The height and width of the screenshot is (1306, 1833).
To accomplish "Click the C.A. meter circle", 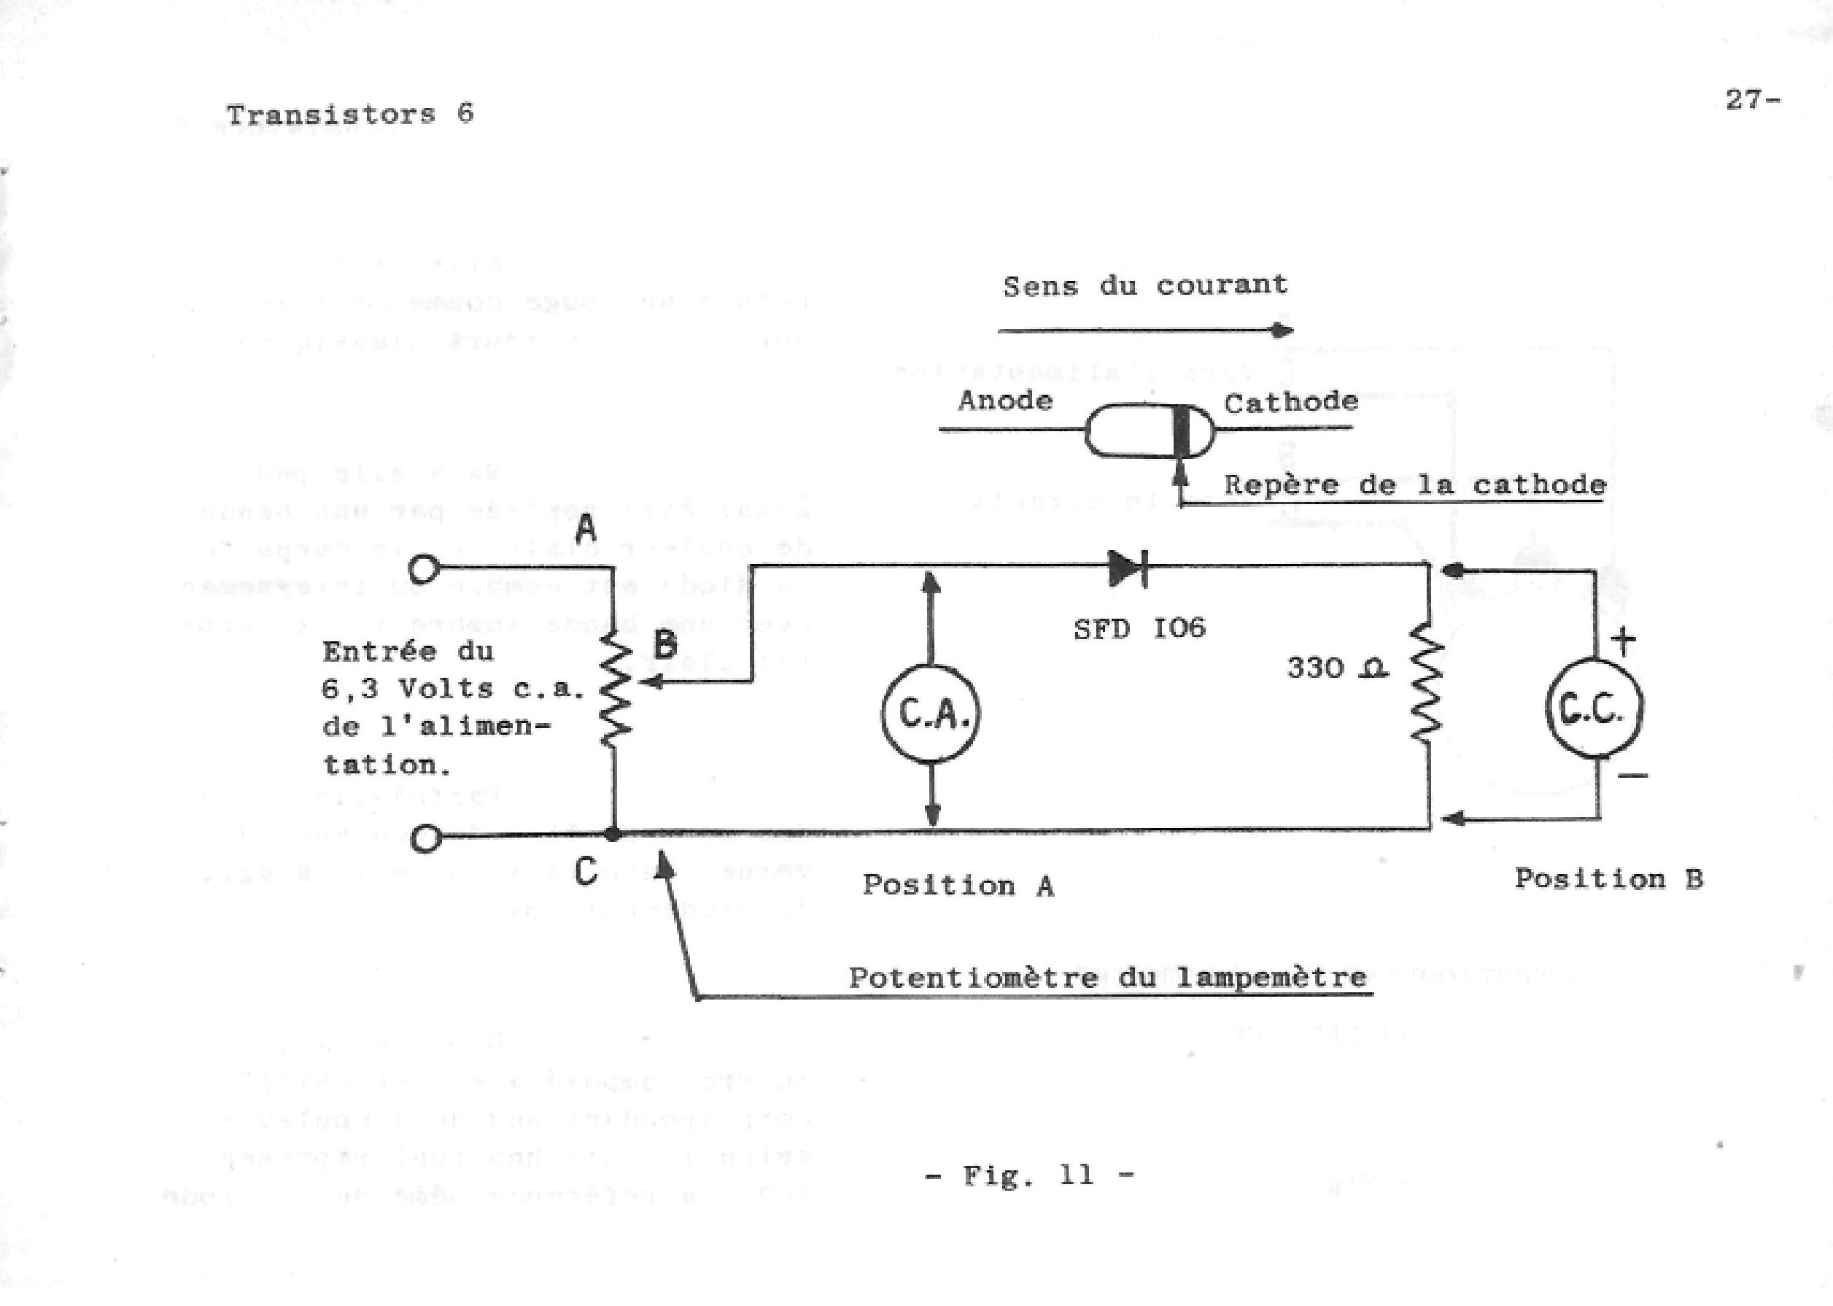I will [931, 714].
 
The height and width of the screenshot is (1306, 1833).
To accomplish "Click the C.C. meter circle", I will [1595, 708].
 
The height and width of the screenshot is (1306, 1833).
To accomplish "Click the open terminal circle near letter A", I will [425, 569].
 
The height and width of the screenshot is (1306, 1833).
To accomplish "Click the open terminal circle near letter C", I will [426, 839].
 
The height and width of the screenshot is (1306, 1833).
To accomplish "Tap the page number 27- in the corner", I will [1753, 100].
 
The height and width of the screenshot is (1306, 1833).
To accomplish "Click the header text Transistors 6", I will [349, 115].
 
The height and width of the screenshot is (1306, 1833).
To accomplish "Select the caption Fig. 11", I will [1029, 1175].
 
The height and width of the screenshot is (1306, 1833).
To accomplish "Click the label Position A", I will [958, 886].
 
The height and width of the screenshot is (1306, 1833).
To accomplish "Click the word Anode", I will [1005, 400].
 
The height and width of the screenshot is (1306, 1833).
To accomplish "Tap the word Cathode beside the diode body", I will [1291, 401].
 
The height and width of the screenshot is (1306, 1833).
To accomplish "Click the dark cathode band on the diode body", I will [1181, 432].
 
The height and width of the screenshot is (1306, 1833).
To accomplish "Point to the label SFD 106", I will [1139, 628].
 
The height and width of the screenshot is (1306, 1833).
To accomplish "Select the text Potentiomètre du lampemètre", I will [1107, 977].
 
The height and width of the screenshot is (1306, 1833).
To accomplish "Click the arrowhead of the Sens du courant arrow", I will [1282, 330].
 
